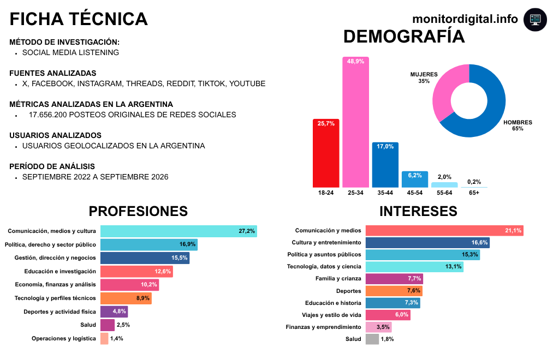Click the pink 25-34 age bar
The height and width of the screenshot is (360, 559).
pyautogui.click(x=355, y=122)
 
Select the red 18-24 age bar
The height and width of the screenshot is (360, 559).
pyautogui.click(x=326, y=153)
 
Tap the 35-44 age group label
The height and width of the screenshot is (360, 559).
pyautogui.click(x=385, y=193)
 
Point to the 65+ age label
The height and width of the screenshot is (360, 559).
pyautogui.click(x=474, y=193)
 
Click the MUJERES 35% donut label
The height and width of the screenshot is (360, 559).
pyautogui.click(x=424, y=77)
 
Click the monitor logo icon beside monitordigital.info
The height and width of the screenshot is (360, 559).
pyautogui.click(x=535, y=20)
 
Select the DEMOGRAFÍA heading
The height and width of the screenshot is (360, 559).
pyautogui.click(x=404, y=37)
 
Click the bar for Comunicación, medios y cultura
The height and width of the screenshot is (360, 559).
pyautogui.click(x=179, y=231)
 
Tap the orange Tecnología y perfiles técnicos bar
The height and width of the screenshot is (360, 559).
pyautogui.click(x=126, y=298)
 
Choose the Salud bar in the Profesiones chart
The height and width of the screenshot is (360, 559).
pyautogui.click(x=108, y=325)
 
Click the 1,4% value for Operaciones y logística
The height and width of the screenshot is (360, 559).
pyautogui.click(x=117, y=339)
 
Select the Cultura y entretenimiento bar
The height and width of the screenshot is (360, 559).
pyautogui.click(x=427, y=243)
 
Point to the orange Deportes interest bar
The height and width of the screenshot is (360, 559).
pyautogui.click(x=394, y=291)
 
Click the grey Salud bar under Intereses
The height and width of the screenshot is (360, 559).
pyautogui.click(x=372, y=339)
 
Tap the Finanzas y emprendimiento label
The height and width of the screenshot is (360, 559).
pyautogui.click(x=323, y=327)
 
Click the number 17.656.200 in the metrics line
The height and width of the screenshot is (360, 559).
pyautogui.click(x=48, y=115)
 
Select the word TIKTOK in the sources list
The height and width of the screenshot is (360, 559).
pyautogui.click(x=212, y=83)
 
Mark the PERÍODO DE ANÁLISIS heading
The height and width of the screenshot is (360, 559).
pyautogui.click(x=52, y=166)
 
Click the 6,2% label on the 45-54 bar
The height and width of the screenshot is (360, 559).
pyautogui.click(x=415, y=175)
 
